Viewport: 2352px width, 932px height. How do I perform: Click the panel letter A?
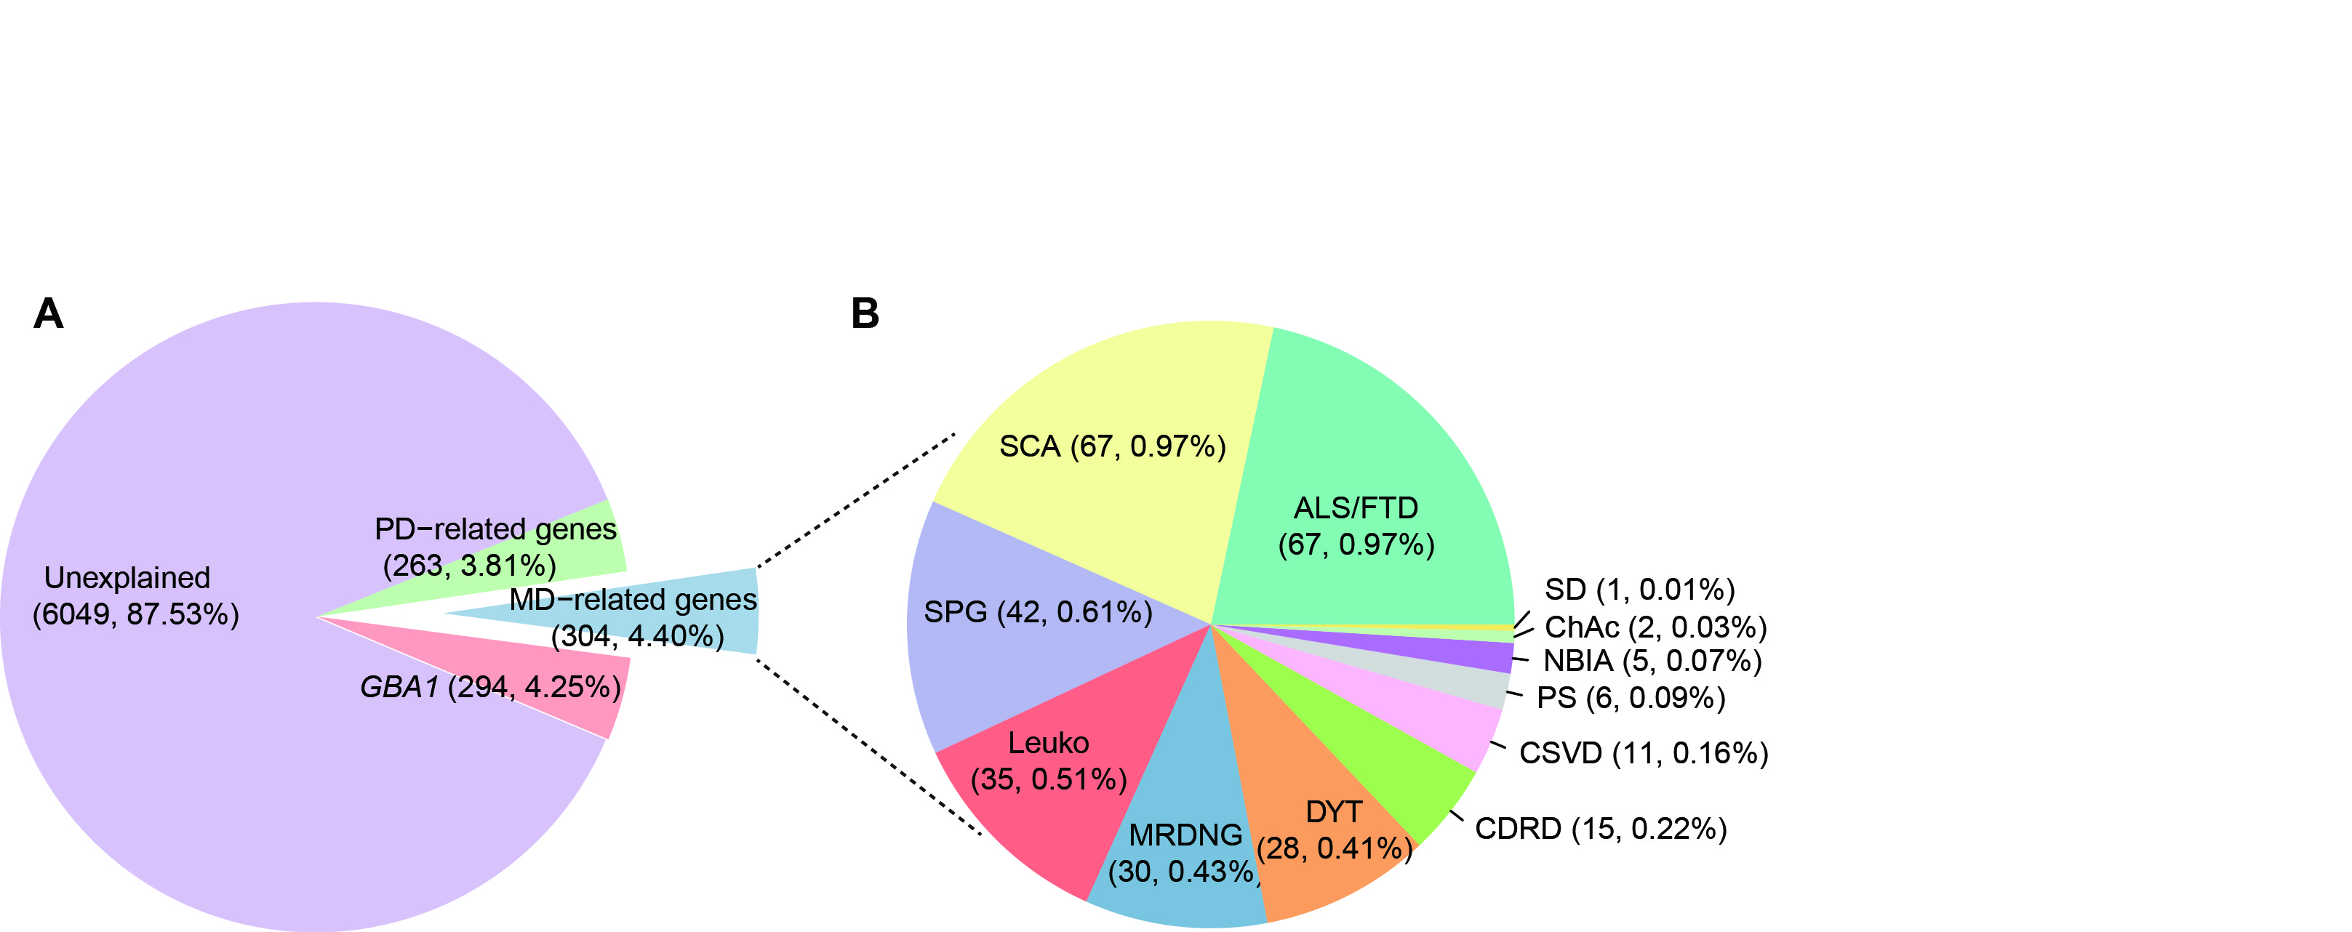click(x=49, y=314)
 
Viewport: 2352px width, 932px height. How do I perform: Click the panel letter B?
click(x=865, y=314)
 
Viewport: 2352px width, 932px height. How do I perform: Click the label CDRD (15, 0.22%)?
click(x=1601, y=829)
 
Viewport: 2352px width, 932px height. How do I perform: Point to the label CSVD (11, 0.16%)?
click(x=1644, y=753)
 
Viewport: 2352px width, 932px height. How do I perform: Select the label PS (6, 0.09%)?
click(x=1631, y=699)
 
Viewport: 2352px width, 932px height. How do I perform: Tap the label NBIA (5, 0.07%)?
click(x=1652, y=661)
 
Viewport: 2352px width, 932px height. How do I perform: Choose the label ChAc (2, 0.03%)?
click(x=1655, y=627)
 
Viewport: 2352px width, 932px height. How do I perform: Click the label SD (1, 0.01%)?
click(x=1639, y=590)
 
